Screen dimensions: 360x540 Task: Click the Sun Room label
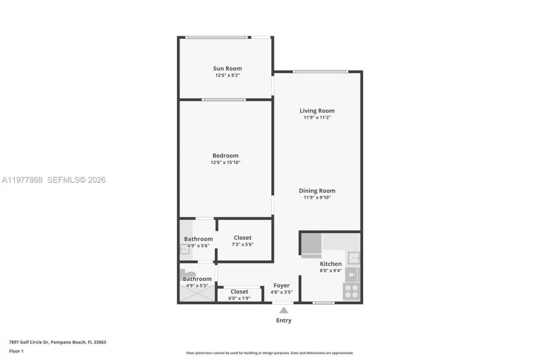point(227,68)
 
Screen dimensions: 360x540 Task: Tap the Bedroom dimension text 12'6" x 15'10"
point(226,162)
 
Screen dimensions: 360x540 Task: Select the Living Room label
point(317,111)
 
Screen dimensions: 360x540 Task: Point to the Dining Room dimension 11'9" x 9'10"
point(317,198)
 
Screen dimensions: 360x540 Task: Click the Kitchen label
point(330,264)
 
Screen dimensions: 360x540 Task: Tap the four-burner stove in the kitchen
point(351,291)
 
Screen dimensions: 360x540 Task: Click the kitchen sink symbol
point(354,257)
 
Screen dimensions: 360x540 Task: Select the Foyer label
point(281,285)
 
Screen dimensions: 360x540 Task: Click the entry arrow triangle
point(284,310)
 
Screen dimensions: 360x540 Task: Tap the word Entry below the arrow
point(283,320)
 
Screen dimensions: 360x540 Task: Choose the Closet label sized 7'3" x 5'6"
point(243,238)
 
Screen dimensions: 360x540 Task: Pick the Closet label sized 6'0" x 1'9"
point(239,292)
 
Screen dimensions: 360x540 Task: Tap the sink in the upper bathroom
point(185,250)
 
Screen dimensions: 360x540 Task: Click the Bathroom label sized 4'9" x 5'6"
point(198,239)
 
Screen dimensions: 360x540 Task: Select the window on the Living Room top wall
point(321,72)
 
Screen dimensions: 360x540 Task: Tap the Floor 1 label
point(16,351)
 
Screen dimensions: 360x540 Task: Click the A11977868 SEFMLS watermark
point(54,180)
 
